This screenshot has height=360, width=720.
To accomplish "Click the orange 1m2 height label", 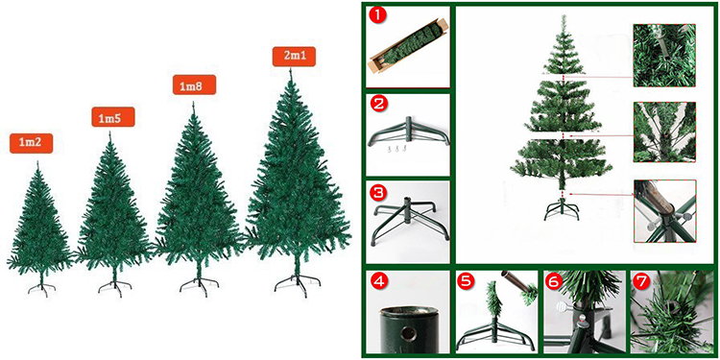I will (31, 143).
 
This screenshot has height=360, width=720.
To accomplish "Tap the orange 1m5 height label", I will (113, 118).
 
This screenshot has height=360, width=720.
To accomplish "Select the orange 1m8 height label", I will (193, 85).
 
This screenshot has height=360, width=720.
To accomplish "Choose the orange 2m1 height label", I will (295, 56).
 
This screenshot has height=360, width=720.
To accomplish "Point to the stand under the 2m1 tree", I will (293, 282).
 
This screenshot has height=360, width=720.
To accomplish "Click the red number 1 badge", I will (379, 17).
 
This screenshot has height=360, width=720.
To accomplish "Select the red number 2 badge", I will (379, 104).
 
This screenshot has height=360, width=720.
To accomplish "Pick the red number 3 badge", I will (379, 192).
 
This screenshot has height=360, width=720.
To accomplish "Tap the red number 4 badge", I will (379, 283).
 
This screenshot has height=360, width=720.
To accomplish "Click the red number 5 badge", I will (468, 283).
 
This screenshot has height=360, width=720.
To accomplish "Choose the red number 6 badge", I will (555, 283).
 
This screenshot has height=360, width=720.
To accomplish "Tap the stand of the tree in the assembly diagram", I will (556, 208).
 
